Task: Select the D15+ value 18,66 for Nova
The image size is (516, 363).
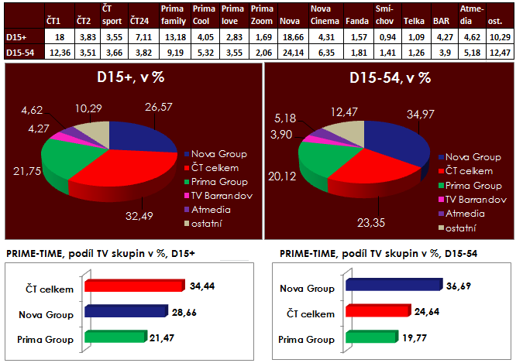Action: [289, 36]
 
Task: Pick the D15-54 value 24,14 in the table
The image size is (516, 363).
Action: [289, 53]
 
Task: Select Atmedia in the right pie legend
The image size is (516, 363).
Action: [464, 213]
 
